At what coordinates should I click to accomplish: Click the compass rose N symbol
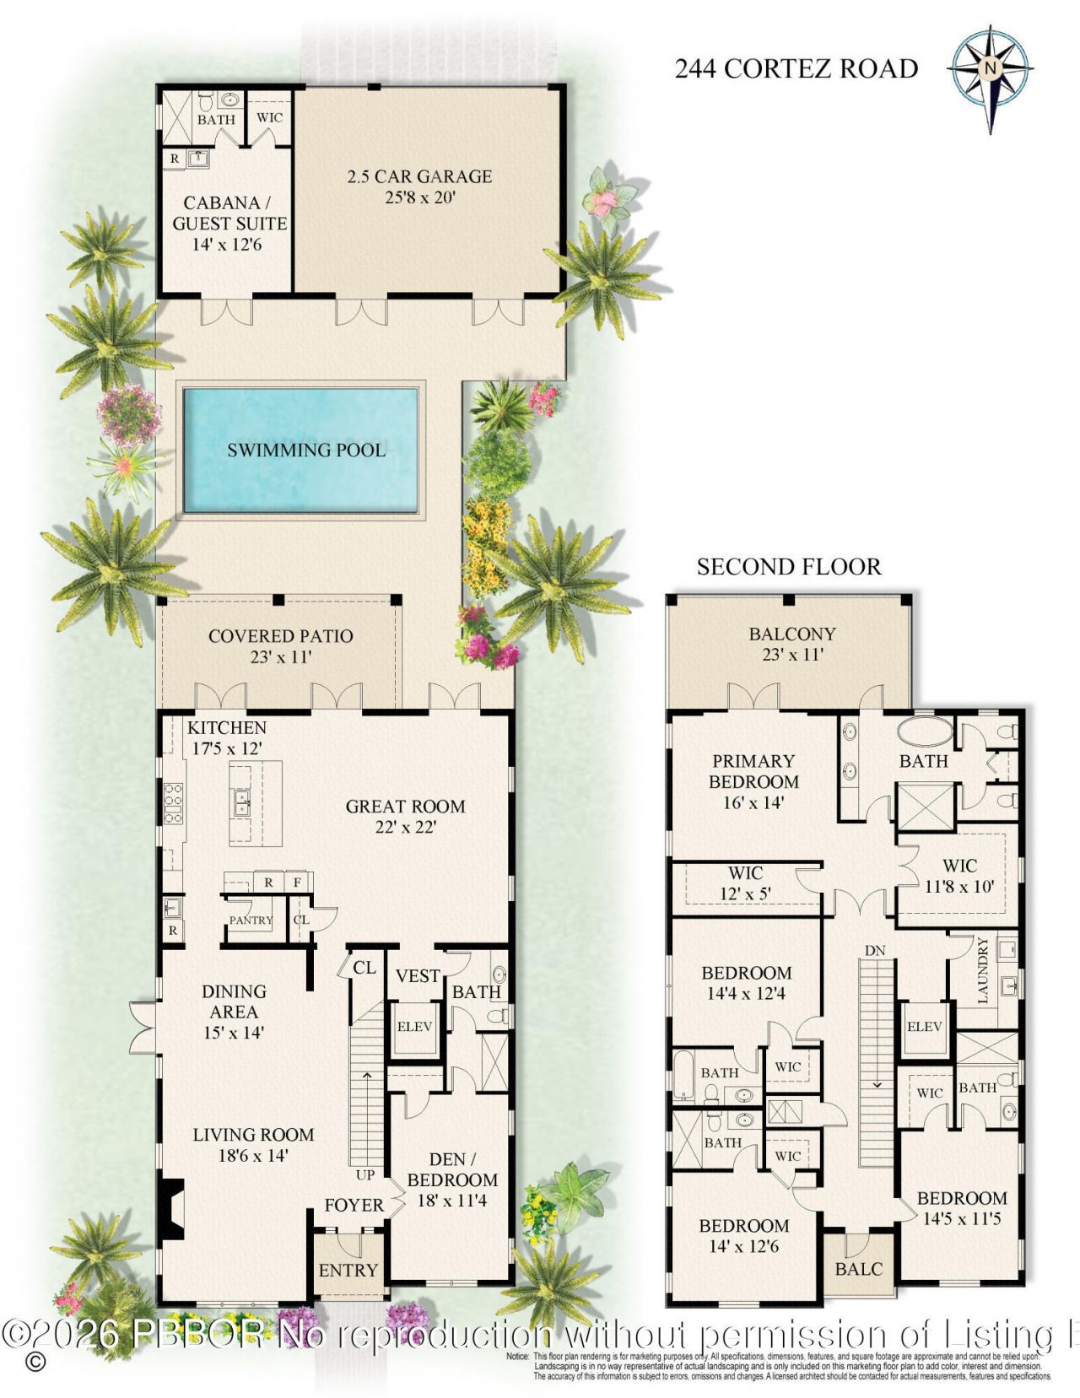[991, 68]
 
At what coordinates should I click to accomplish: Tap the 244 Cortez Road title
[796, 68]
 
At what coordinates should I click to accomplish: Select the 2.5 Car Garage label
[419, 176]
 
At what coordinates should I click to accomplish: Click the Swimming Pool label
[306, 450]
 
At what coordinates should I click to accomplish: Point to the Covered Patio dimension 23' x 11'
[281, 657]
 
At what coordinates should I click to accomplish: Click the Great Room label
[405, 807]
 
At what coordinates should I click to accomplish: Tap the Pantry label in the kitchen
[251, 920]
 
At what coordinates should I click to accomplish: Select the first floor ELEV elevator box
[414, 1027]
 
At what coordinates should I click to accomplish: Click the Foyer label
[354, 1206]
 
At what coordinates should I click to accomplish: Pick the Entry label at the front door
[348, 1270]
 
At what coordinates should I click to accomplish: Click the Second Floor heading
[789, 567]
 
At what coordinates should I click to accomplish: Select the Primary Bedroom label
[753, 771]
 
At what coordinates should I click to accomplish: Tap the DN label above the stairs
[874, 951]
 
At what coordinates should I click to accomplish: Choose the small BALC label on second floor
[858, 1269]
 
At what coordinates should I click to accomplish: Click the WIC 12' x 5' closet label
[745, 873]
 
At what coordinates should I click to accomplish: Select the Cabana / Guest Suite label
[229, 213]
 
